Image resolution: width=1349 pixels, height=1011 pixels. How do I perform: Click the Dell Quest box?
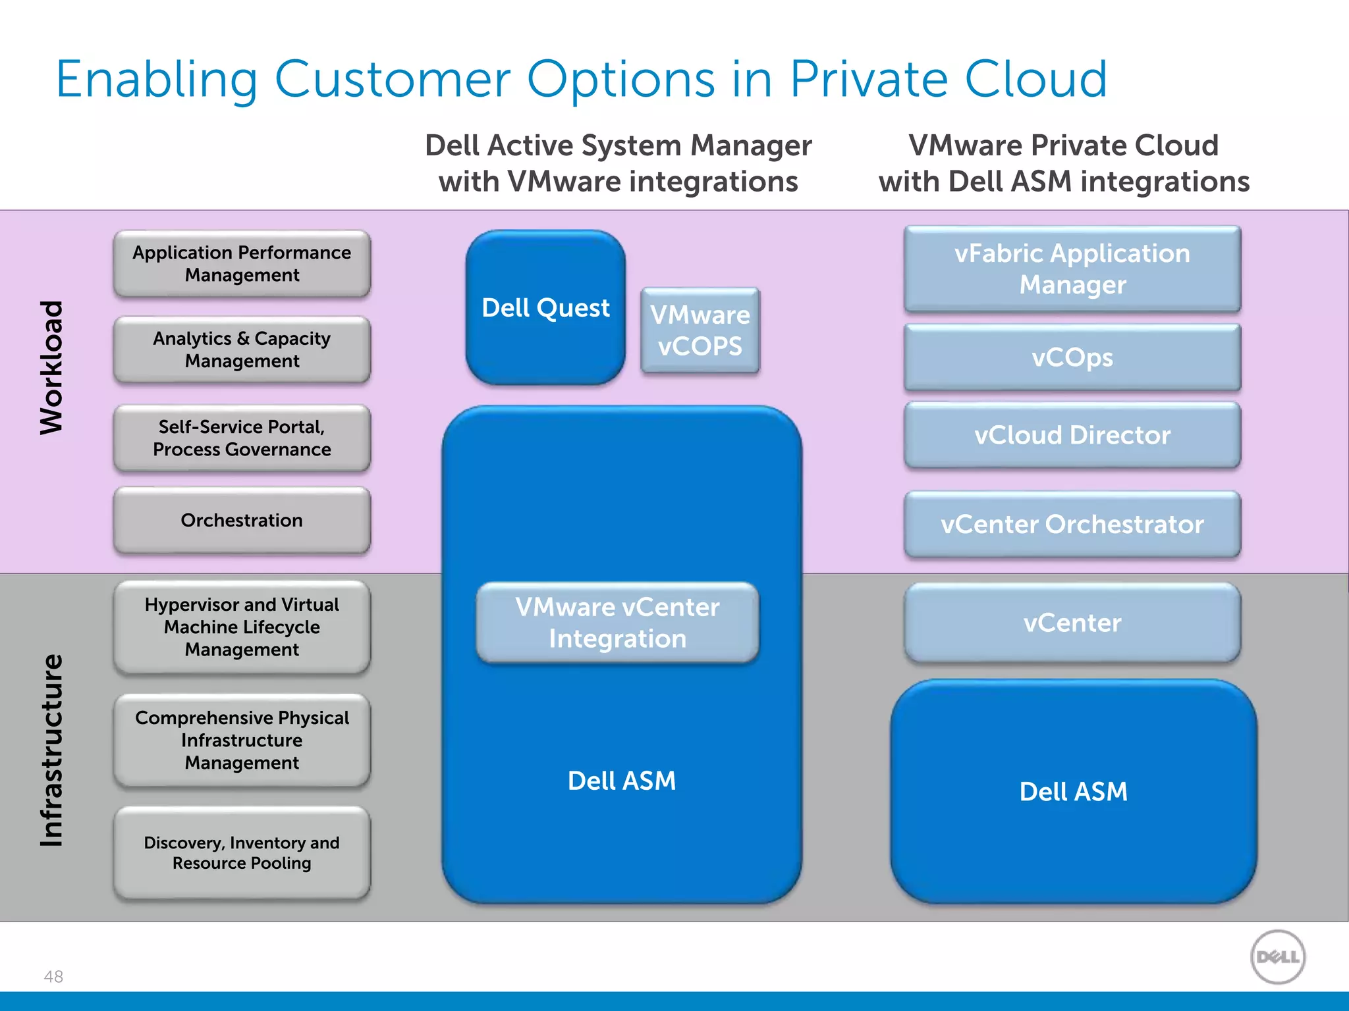pos(545,307)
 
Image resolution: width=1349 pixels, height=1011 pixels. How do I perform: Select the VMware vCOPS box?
pos(700,330)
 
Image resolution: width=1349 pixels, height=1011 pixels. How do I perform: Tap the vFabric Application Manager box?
pos(1072,269)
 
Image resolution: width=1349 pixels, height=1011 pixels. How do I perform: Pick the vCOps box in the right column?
pos(1072,357)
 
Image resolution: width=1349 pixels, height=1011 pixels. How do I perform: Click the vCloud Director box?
pos(1072,435)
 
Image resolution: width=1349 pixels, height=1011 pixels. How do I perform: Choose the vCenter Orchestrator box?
pos(1072,525)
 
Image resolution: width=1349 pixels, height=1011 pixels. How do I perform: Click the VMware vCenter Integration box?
pos(617,623)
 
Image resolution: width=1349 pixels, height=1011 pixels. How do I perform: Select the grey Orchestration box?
pos(242,520)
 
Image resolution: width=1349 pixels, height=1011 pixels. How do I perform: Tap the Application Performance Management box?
pos(242,263)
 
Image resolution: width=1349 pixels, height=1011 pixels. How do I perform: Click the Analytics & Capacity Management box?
pos(242,350)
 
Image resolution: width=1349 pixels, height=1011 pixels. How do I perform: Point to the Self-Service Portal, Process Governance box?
pos(242,438)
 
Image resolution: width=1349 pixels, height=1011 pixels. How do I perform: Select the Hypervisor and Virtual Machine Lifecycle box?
pos(242,627)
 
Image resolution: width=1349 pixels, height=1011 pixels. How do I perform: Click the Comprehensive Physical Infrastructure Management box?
pos(242,740)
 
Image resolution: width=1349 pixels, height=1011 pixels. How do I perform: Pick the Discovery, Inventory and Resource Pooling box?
pos(242,852)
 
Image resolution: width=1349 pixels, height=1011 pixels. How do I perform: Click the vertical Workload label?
pos(51,367)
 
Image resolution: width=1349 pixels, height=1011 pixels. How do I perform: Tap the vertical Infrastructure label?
pos(51,750)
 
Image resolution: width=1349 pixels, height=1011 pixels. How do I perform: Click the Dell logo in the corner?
pos(1277,957)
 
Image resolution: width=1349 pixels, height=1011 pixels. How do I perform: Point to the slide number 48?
pos(53,976)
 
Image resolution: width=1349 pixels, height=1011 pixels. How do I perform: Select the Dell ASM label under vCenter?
pos(1073,791)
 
